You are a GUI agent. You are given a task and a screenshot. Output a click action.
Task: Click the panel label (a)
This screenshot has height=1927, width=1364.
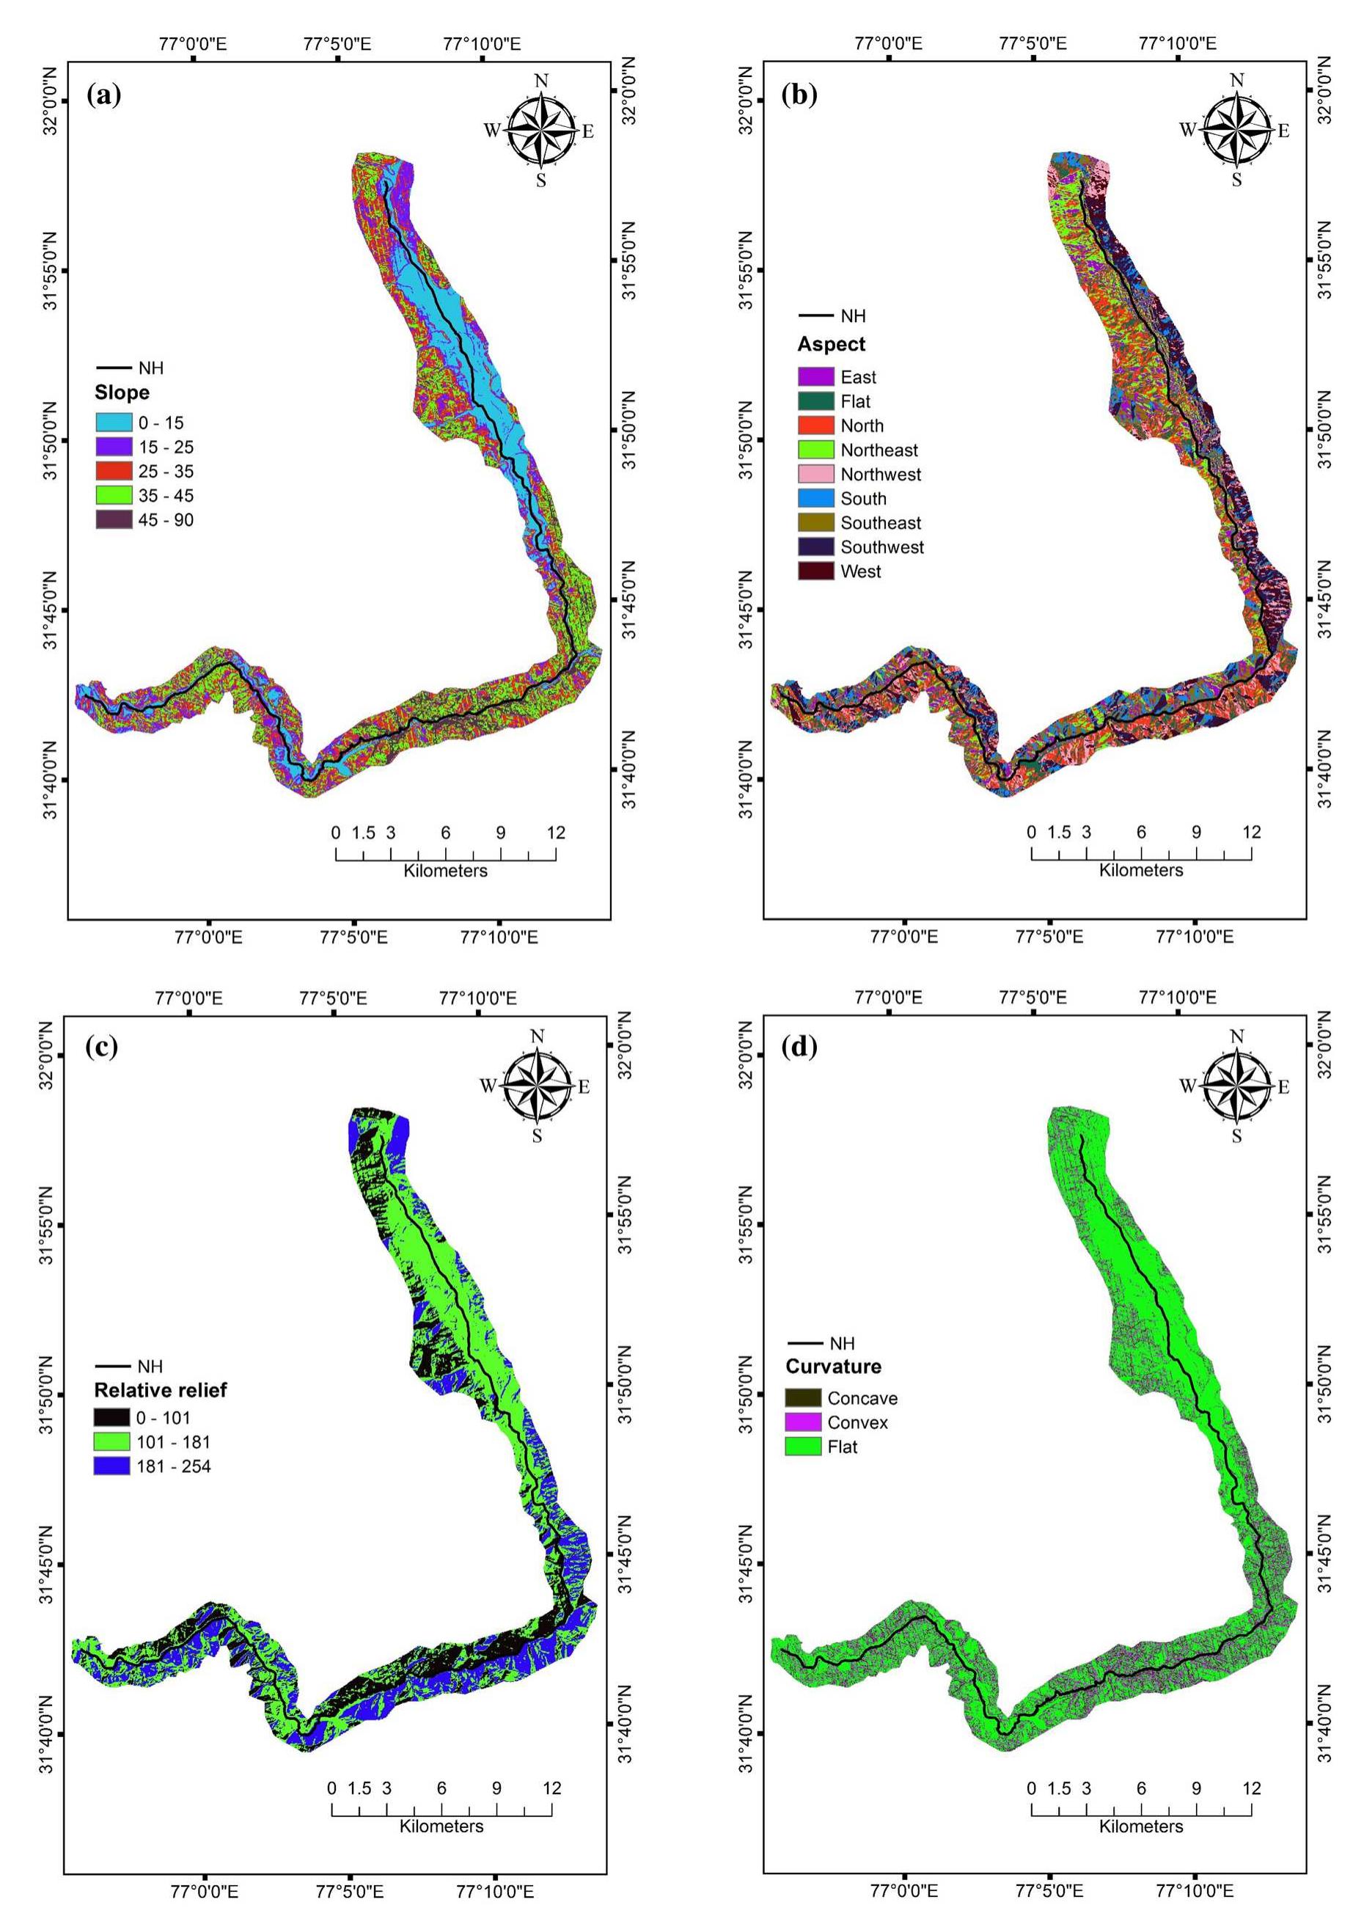click(x=104, y=95)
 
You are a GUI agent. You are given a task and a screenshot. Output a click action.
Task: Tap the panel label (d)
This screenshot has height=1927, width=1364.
click(x=799, y=1047)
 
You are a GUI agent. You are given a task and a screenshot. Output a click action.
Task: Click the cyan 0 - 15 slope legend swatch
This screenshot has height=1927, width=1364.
click(x=114, y=423)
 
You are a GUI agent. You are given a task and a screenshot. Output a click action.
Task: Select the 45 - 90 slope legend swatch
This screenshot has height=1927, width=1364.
click(x=114, y=520)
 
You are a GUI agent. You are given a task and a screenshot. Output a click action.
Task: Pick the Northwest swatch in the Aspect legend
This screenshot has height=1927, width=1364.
click(x=815, y=475)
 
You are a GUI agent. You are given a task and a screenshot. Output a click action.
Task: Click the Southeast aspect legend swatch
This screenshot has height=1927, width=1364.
click(x=815, y=522)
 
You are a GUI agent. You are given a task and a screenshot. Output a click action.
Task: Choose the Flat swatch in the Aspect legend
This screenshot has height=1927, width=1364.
click(x=815, y=401)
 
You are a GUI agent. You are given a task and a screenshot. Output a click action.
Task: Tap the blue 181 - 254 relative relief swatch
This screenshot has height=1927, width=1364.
click(x=111, y=1466)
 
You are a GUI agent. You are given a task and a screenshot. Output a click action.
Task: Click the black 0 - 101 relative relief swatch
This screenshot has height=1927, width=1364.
click(x=111, y=1418)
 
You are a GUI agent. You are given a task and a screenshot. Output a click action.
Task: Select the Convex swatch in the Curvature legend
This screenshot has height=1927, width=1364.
click(x=803, y=1422)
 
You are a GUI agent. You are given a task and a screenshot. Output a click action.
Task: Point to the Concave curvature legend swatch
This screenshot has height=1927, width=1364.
click(x=803, y=1398)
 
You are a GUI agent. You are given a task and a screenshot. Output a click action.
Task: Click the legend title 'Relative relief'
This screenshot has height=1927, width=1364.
click(x=161, y=1390)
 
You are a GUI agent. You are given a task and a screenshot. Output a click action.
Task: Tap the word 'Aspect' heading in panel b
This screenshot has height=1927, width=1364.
click(x=831, y=345)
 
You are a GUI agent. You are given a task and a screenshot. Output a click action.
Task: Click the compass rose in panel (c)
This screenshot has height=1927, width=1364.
click(x=538, y=1086)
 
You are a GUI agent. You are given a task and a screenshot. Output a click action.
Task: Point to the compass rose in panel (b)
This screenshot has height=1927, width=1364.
click(x=1236, y=131)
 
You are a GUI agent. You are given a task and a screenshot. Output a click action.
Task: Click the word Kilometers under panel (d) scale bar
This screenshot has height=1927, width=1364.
click(x=1140, y=1827)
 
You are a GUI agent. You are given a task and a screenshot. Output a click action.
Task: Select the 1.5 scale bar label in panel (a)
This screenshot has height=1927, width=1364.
click(x=363, y=833)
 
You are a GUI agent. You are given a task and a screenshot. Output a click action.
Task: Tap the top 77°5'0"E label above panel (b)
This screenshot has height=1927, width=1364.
click(x=1033, y=43)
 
